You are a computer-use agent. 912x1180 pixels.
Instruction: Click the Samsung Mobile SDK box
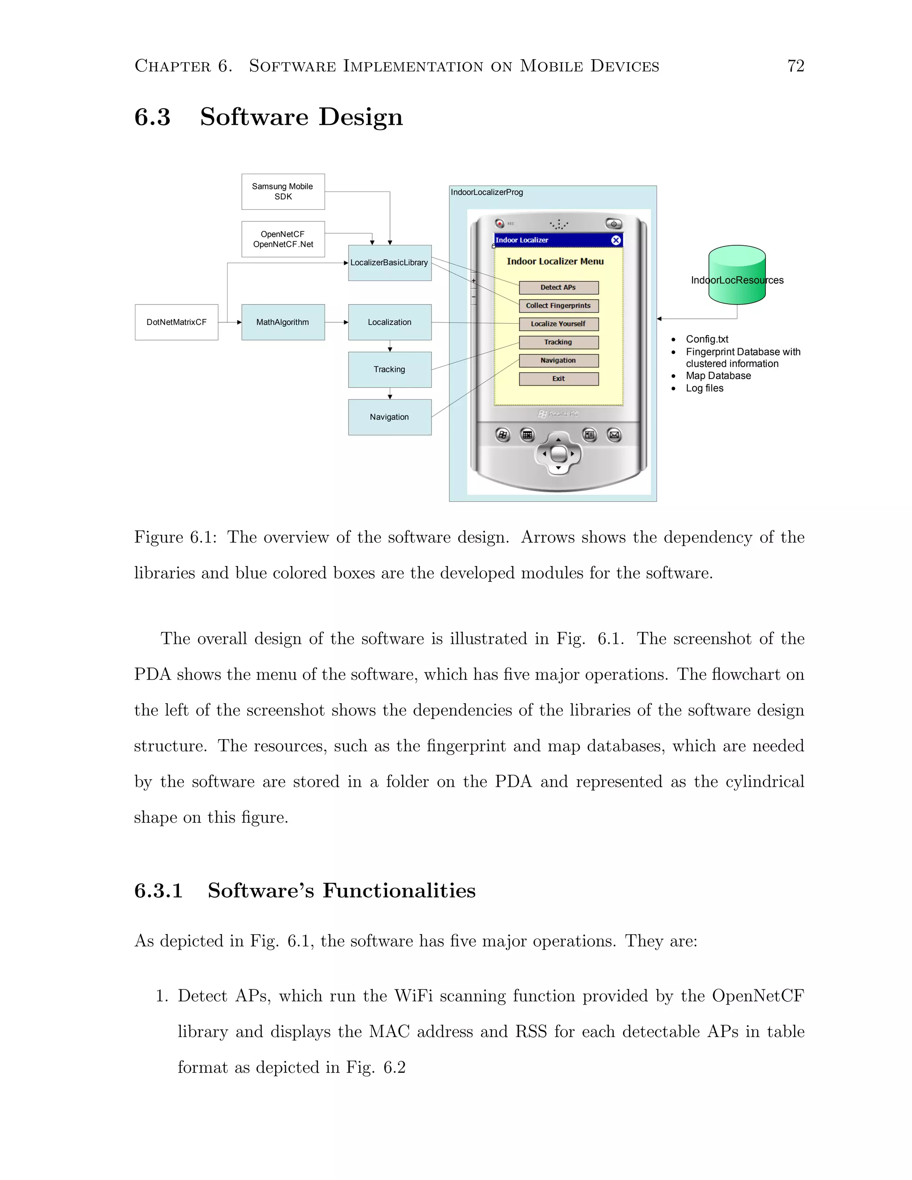(x=283, y=191)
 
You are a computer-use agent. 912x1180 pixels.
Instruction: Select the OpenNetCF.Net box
(x=283, y=239)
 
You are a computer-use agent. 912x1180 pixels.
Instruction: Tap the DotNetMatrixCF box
(x=176, y=322)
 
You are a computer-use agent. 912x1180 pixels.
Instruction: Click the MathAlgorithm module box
(x=283, y=322)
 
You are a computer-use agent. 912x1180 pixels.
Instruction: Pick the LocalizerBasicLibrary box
(x=389, y=263)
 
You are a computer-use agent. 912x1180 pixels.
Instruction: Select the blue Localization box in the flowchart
(x=389, y=322)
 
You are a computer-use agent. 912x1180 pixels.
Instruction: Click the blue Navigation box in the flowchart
(x=389, y=417)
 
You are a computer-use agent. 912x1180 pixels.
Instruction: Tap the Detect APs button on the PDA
(x=558, y=288)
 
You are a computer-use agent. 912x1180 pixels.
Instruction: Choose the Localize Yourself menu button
(x=558, y=324)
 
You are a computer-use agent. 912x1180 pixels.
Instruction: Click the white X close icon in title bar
(x=615, y=240)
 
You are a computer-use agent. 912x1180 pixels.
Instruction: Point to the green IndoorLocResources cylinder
(x=737, y=274)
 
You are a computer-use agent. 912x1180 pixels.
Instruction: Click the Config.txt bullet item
(x=707, y=339)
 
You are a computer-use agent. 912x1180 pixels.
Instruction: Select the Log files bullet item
(x=704, y=388)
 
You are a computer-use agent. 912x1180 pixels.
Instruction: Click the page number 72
(x=795, y=66)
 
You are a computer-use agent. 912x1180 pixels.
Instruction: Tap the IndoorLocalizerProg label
(x=486, y=192)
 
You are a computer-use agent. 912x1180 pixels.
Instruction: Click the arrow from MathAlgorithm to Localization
(x=337, y=322)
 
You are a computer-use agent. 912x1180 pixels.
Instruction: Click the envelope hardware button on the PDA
(x=614, y=435)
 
